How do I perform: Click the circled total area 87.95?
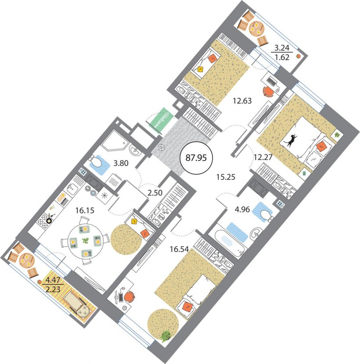196,158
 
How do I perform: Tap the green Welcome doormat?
162,118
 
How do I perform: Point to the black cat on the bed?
291,139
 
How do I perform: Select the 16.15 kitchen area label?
85,211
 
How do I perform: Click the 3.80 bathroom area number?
121,163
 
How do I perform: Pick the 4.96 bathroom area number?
242,209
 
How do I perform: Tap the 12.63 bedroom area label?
242,101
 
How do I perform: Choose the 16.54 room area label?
179,250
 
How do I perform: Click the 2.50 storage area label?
155,193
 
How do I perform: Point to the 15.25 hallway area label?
226,177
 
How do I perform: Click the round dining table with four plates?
85,241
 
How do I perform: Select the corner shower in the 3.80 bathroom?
115,140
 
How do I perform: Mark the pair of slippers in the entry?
161,147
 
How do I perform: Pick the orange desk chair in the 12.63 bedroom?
269,92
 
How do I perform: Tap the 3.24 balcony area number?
282,48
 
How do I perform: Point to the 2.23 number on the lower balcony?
53,289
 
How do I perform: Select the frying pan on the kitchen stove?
50,220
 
